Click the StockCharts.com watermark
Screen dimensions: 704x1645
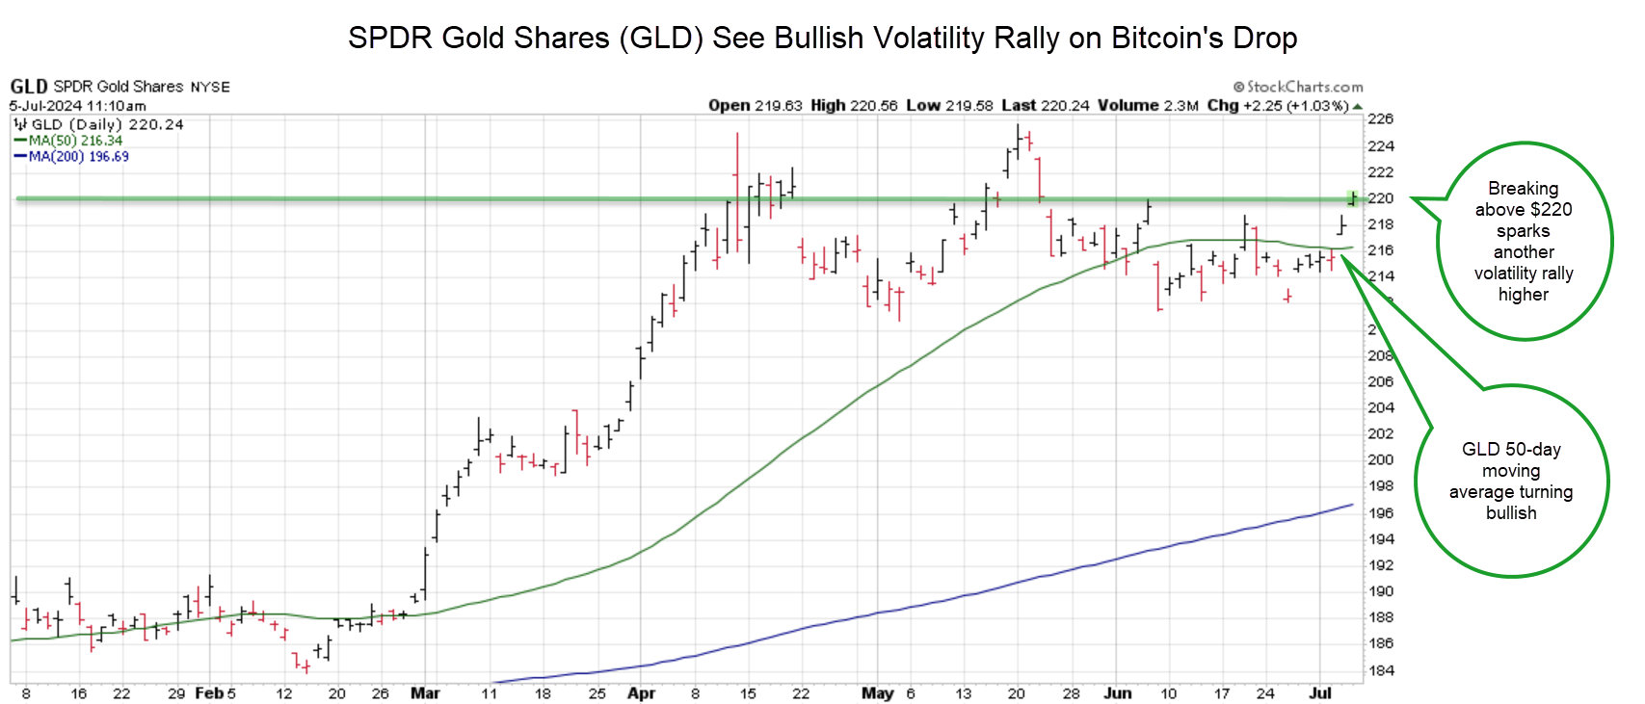coord(1298,87)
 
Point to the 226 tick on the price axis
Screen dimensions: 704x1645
coord(1381,119)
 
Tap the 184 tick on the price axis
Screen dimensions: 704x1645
coord(1381,670)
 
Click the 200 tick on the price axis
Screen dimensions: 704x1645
coord(1381,460)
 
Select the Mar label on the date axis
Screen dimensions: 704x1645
coord(425,693)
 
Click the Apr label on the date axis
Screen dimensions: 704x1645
coord(641,693)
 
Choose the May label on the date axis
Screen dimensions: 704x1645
coord(877,693)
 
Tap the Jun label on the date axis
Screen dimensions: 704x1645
coord(1118,693)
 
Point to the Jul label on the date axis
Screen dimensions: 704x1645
coord(1320,693)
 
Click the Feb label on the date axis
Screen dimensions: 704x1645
coord(208,693)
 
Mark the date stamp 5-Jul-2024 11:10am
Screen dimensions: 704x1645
coord(78,106)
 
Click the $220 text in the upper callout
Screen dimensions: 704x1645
coord(1551,210)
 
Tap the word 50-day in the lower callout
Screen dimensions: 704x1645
coord(1532,450)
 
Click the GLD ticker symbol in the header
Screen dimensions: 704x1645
coord(29,87)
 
